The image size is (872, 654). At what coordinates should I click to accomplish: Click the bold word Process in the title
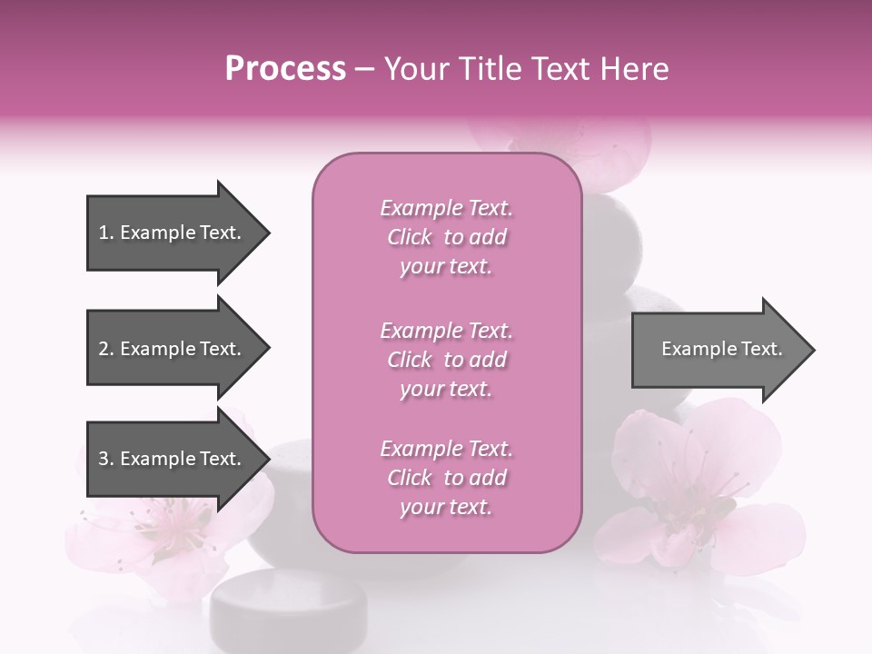(x=285, y=69)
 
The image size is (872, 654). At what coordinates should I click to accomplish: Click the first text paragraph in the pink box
(x=446, y=237)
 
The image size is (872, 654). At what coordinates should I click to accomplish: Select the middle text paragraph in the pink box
(x=446, y=360)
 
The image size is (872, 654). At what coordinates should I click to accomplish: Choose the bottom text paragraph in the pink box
(x=446, y=478)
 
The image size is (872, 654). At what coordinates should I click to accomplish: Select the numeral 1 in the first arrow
(x=103, y=233)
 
